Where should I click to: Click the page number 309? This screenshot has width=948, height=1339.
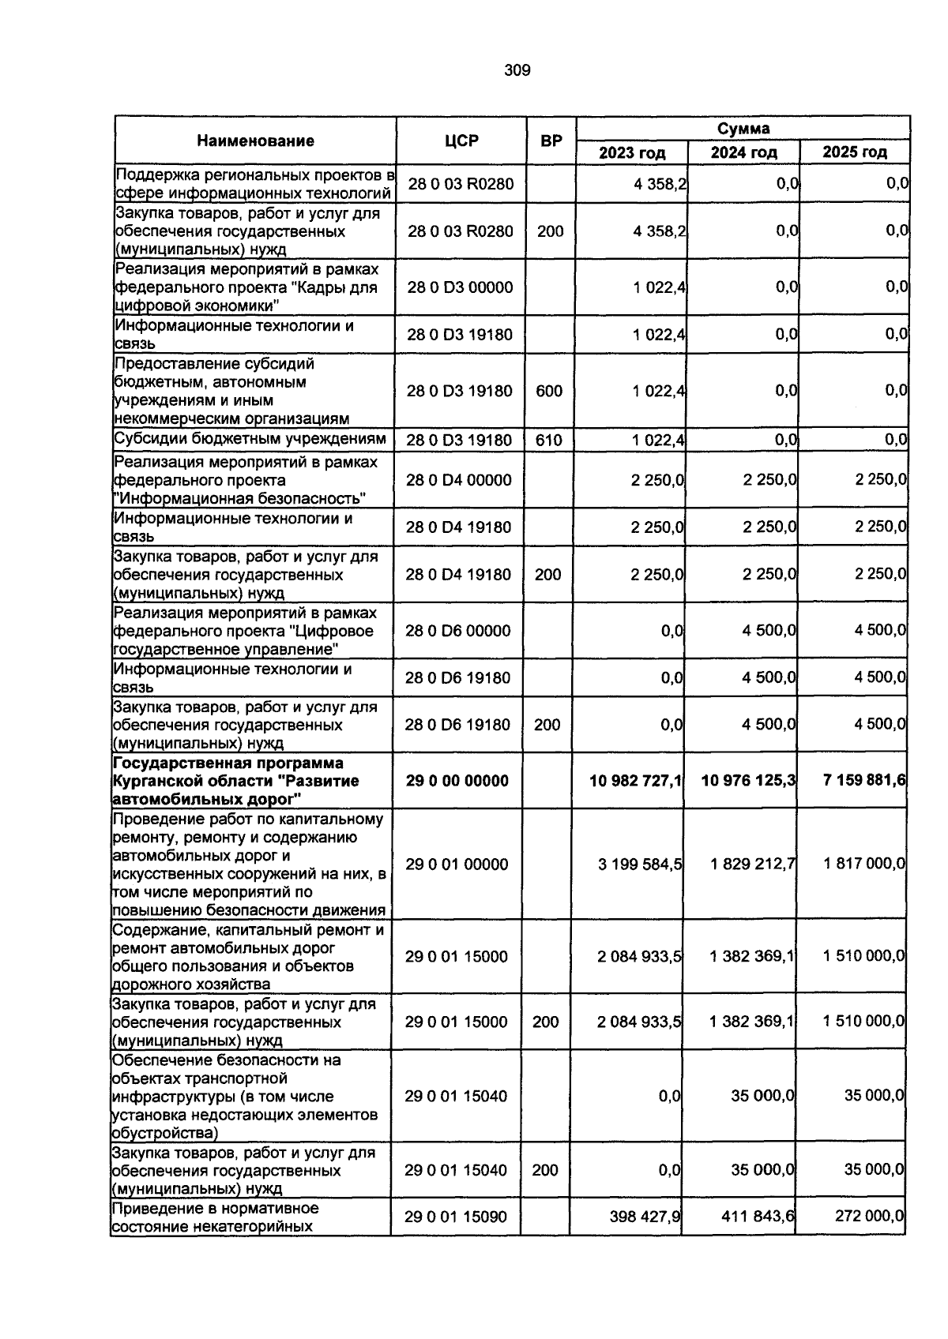coord(517,71)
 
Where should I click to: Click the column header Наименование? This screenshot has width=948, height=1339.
coord(255,141)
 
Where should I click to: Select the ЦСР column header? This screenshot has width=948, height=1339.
coord(461,141)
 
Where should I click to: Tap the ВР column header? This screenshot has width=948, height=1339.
coord(551,141)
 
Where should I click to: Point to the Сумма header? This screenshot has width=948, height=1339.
coord(743,129)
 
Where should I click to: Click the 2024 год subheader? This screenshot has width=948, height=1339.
coord(743,152)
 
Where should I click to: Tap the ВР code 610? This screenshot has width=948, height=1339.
coord(548,441)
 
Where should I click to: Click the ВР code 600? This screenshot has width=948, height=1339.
coord(549,391)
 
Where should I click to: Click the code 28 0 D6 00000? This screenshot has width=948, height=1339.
coord(458,631)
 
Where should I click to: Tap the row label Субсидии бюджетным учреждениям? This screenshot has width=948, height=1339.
coord(250,439)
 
